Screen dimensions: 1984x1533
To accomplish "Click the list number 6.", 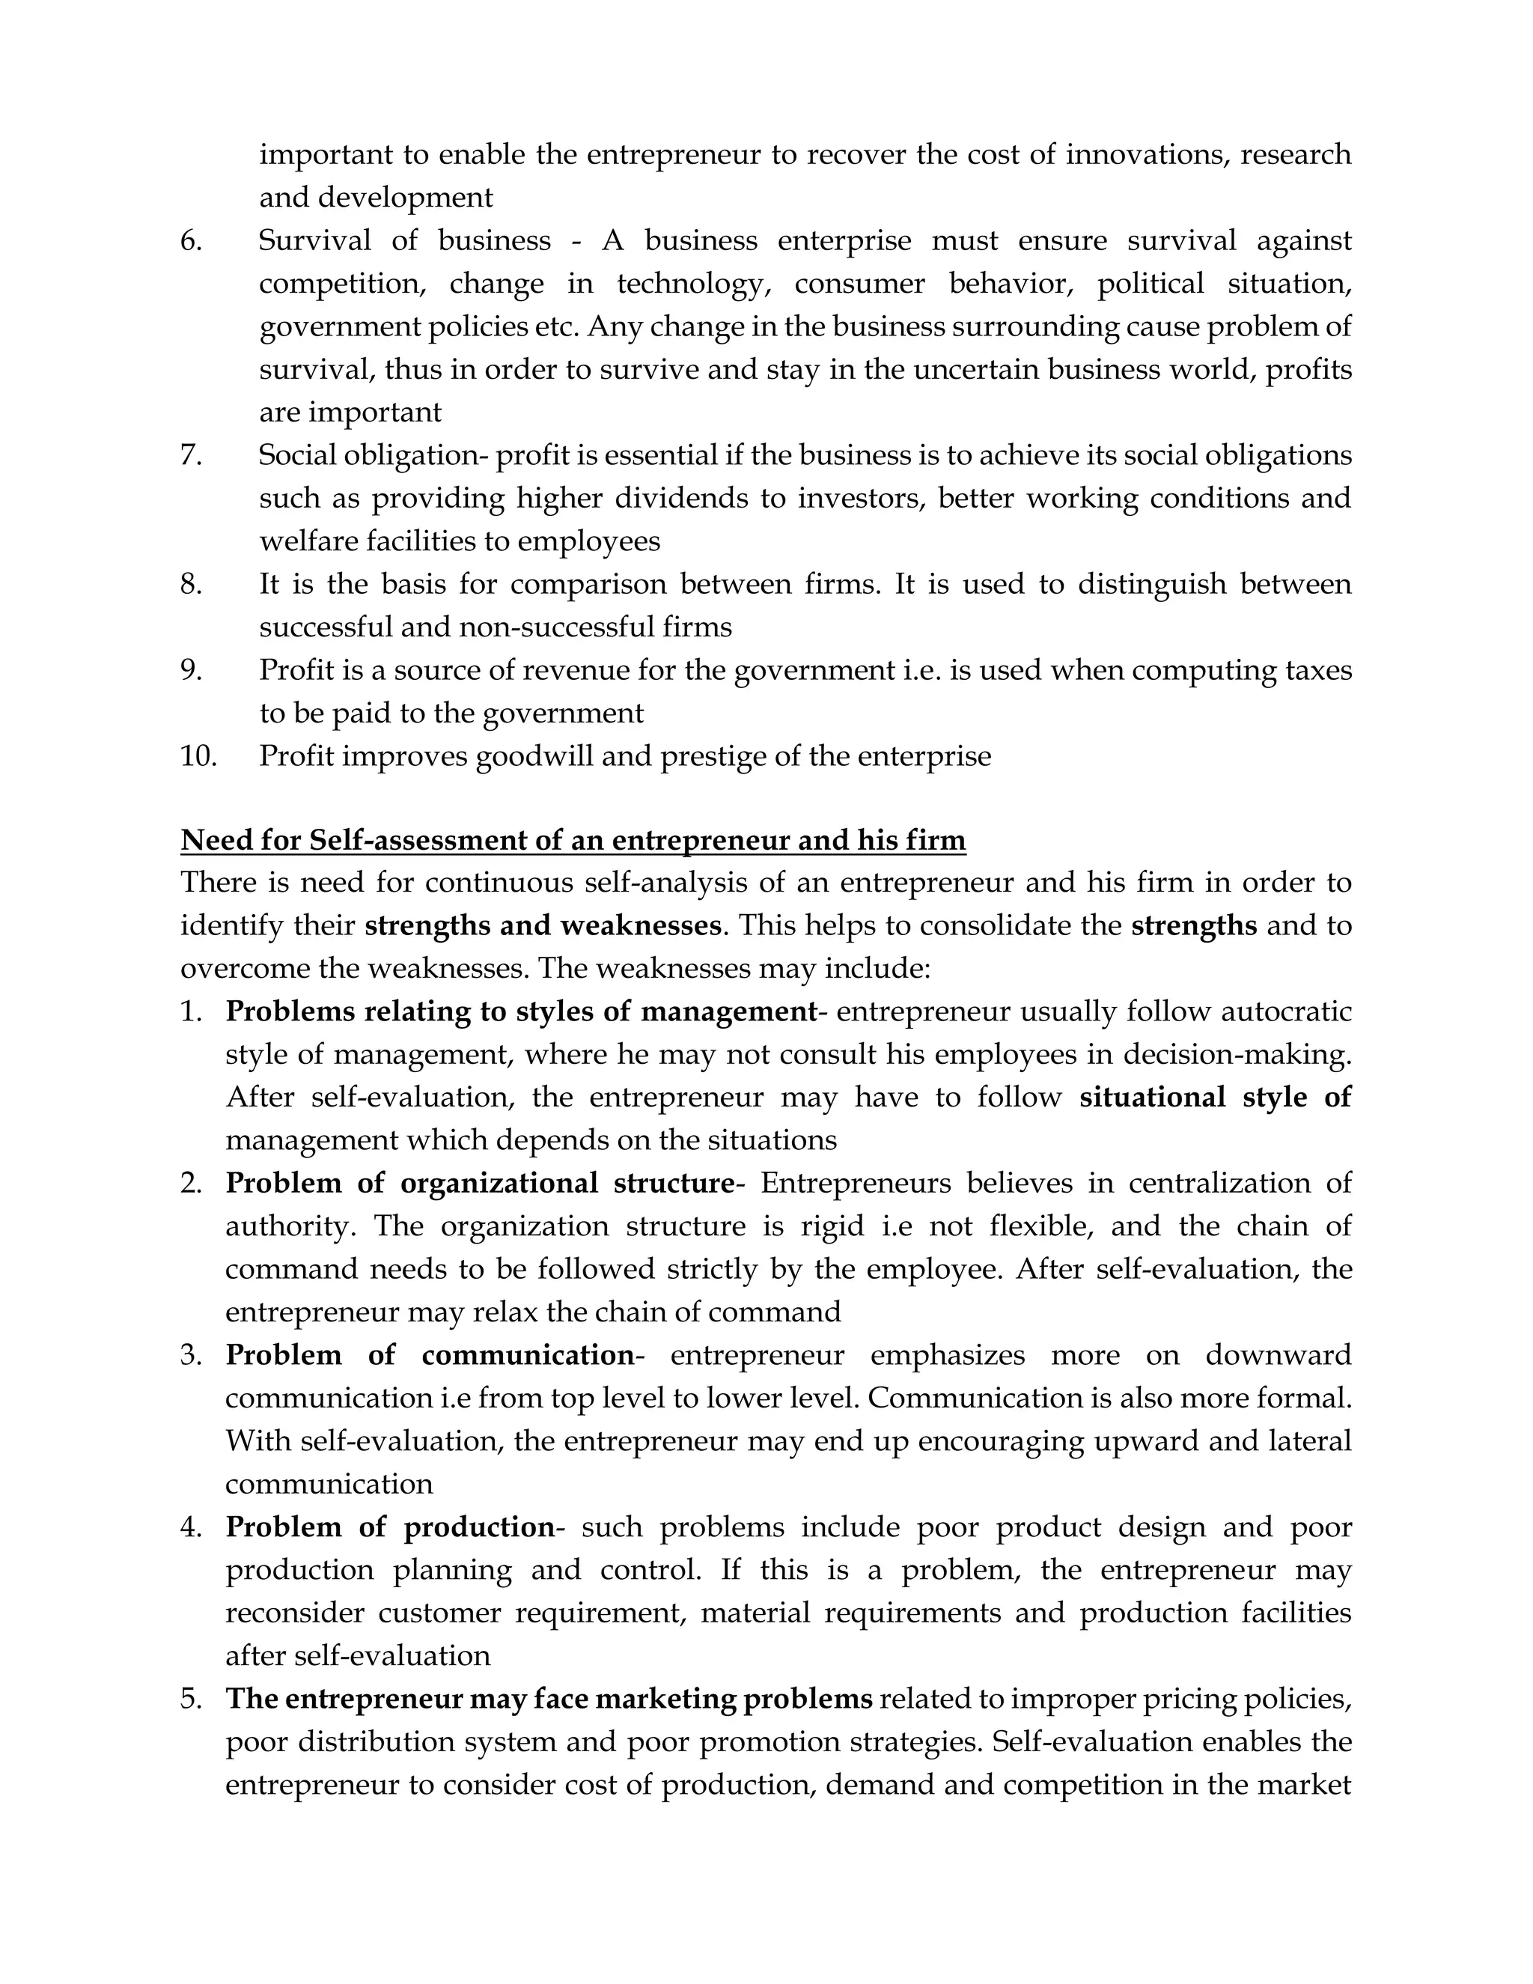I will (191, 241).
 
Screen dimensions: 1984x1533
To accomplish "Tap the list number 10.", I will (199, 756).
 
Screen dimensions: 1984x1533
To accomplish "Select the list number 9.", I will (191, 670).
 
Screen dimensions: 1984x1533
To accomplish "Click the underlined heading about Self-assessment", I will (573, 840).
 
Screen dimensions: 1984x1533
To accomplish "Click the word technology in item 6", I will (693, 284).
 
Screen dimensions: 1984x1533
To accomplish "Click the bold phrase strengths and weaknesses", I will (543, 925).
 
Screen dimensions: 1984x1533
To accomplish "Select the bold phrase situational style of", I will (1215, 1098).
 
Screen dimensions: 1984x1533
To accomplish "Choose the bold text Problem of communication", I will (430, 1355).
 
